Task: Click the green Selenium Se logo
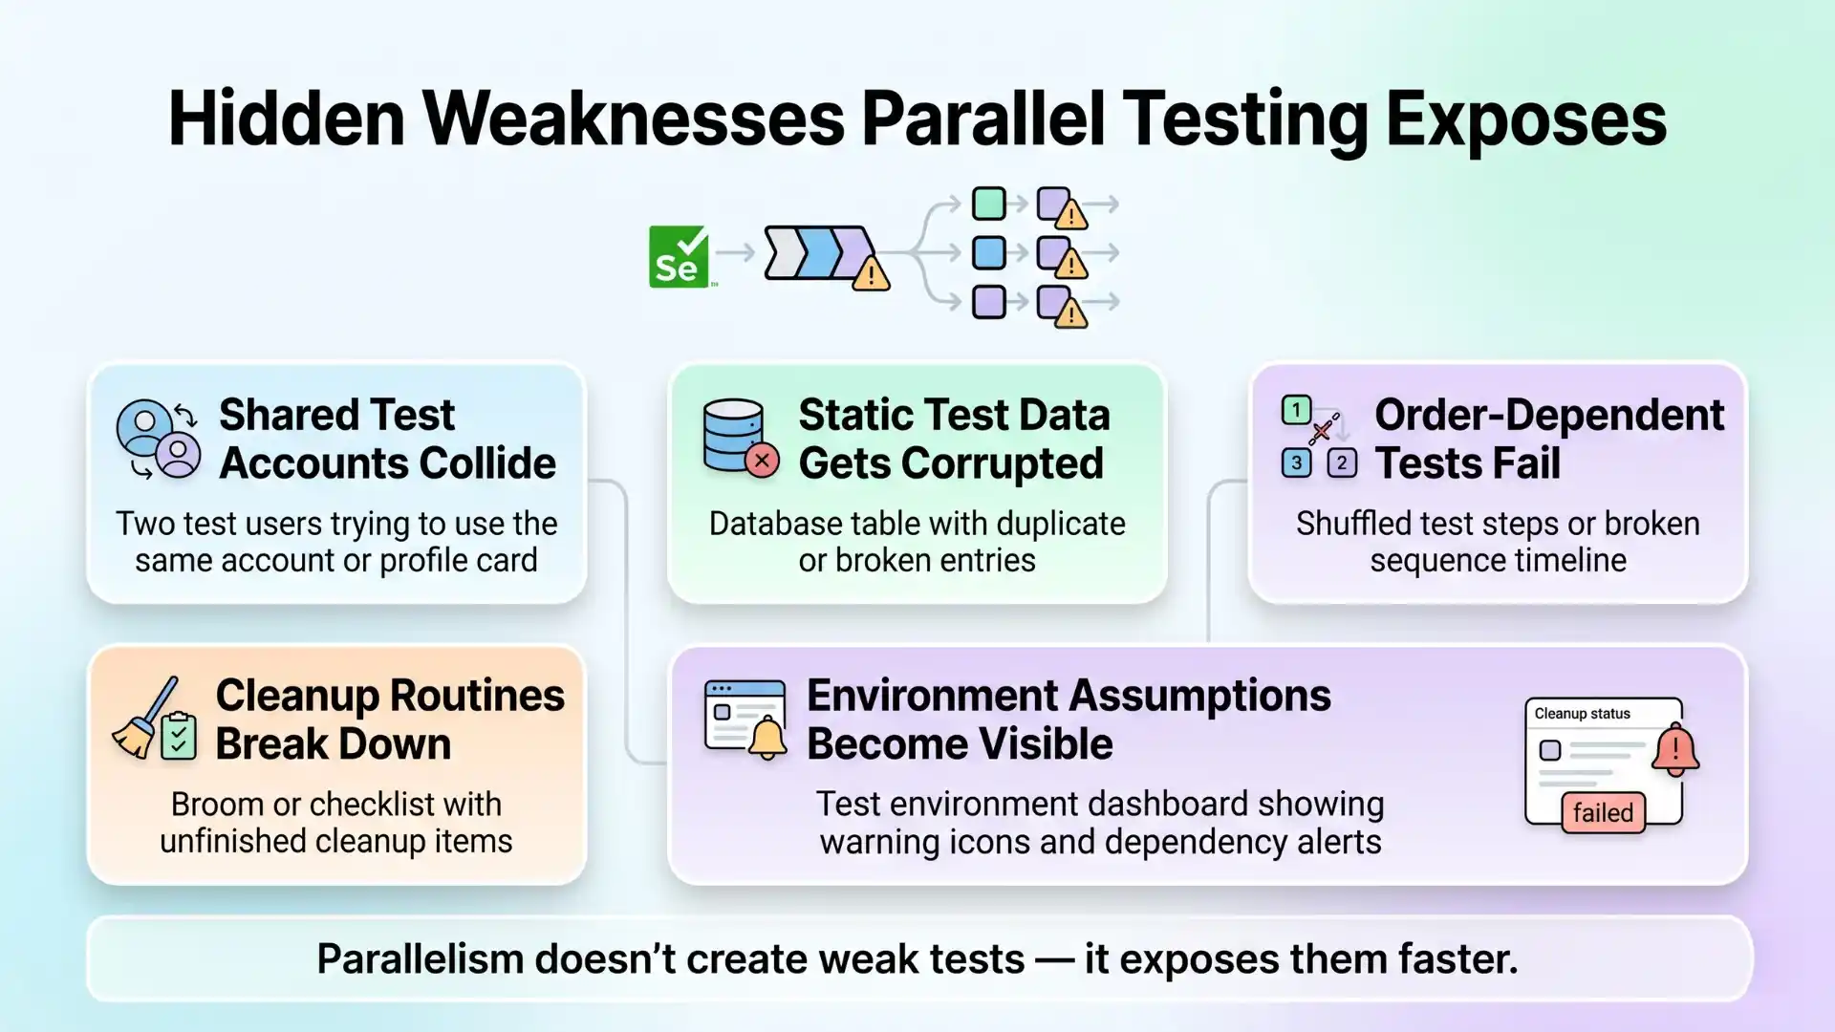tap(679, 257)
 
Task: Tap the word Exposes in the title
tap(1525, 118)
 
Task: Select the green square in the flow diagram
tap(988, 204)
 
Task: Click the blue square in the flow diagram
tap(988, 253)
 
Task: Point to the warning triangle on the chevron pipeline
tap(871, 275)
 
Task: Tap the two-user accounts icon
tap(158, 439)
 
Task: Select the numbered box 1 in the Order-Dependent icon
tap(1296, 411)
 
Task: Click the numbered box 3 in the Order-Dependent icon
tap(1296, 463)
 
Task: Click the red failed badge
tap(1603, 812)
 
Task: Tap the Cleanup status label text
tap(1582, 714)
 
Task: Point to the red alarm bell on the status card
tap(1674, 750)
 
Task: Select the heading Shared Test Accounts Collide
tap(386, 439)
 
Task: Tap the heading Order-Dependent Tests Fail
tap(1548, 439)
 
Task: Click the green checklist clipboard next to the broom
tap(179, 736)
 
